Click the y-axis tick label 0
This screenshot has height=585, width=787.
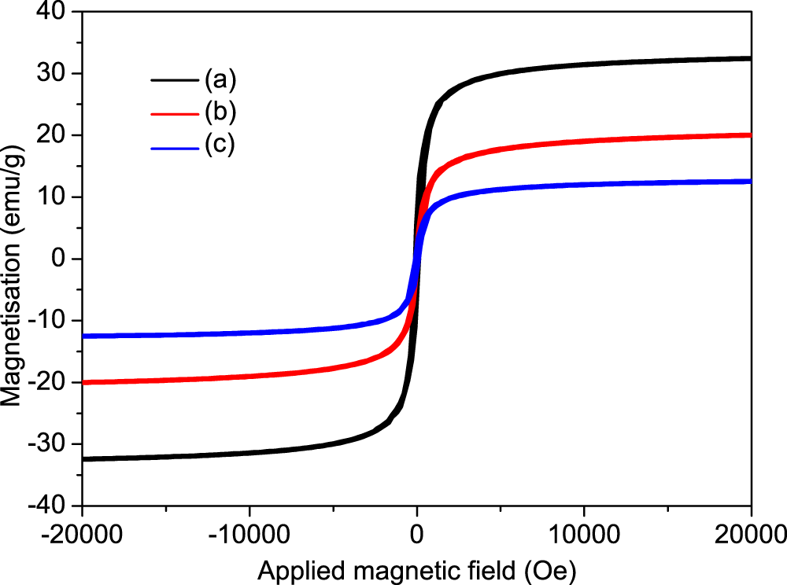(x=65, y=259)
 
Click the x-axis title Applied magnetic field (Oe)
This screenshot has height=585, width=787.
(x=416, y=568)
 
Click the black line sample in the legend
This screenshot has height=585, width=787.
(x=175, y=79)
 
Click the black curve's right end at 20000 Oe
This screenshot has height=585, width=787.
(x=750, y=58)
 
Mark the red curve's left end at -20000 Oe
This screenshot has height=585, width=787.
(x=84, y=382)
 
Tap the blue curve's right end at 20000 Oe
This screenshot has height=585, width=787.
(x=750, y=181)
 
